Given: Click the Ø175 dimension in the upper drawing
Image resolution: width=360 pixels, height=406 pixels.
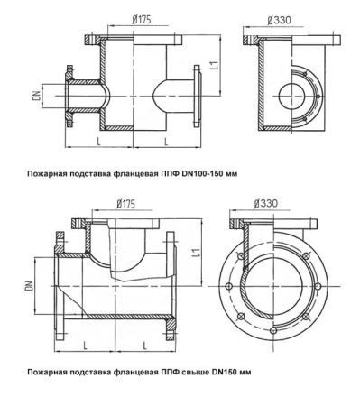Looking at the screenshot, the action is (x=142, y=20).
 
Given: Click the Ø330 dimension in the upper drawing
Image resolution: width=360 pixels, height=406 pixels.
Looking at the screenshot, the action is (x=279, y=20).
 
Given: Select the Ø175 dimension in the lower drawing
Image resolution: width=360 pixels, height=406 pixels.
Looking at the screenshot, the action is (x=125, y=204).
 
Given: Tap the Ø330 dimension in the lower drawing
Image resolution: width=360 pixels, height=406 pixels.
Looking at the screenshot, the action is (x=265, y=203).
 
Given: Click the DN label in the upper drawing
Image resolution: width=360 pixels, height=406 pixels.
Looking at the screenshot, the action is (x=37, y=96).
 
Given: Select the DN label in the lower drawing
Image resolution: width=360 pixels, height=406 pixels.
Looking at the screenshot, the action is (x=29, y=285).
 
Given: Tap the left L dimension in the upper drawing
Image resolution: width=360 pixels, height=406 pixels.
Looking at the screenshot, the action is (x=98, y=141).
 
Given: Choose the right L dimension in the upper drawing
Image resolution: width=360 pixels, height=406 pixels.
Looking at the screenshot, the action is (x=166, y=141).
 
